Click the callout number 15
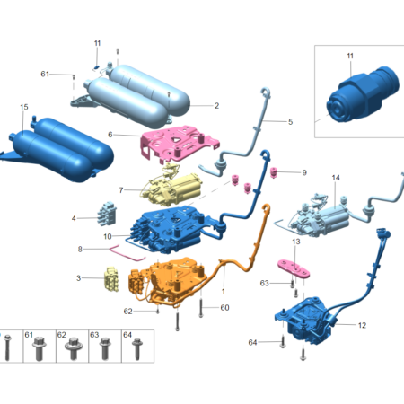(x=24, y=107)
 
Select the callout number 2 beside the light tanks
(x=216, y=106)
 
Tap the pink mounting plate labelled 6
(x=180, y=142)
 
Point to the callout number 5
(x=290, y=122)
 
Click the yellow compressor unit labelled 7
(x=172, y=189)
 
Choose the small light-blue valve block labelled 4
(x=107, y=213)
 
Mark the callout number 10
(x=108, y=236)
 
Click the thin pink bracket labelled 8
(x=127, y=253)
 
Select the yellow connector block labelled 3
(x=111, y=279)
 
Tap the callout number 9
(x=304, y=172)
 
